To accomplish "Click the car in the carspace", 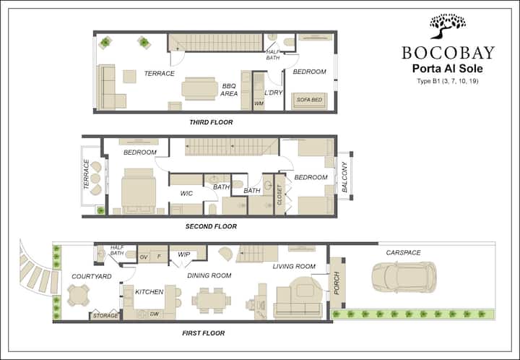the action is click(404, 277).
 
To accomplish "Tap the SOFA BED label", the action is click(309, 100).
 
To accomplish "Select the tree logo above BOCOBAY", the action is click(447, 26).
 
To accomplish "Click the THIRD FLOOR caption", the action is click(211, 122).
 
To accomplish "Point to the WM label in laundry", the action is click(259, 103).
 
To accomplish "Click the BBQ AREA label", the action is click(229, 90).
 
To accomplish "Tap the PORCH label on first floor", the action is click(337, 283).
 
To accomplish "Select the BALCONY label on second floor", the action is click(344, 177).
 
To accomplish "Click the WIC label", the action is click(186, 194).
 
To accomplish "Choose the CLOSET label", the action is click(279, 194).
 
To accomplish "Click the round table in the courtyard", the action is click(78, 295).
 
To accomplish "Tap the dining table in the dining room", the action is click(211, 301).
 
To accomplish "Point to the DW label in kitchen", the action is click(155, 314).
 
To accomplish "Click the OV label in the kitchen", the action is click(144, 257).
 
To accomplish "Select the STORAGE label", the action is click(105, 315).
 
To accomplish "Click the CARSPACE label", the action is click(403, 252).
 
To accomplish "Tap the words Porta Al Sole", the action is click(447, 69).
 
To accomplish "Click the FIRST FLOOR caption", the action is click(203, 333).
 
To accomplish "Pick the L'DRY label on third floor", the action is click(273, 93).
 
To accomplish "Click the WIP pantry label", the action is click(183, 254).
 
